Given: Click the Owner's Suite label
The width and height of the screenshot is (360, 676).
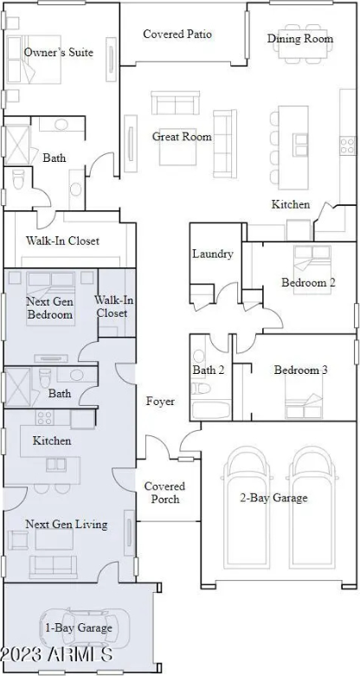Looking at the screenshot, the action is tap(59, 53).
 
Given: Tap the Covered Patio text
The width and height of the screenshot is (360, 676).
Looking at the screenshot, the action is tap(177, 34).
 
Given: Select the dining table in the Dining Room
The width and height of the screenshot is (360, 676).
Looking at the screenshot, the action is tap(300, 43).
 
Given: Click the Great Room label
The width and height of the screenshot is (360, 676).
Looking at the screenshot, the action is tap(182, 137).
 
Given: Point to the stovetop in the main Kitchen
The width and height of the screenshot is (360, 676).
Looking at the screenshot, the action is tap(347, 145).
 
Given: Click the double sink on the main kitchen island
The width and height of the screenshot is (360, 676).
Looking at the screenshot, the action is tap(300, 145).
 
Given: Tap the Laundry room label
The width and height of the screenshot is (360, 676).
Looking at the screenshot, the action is tap(213, 254).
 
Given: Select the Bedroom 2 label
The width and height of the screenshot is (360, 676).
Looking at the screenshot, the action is tap(308, 283).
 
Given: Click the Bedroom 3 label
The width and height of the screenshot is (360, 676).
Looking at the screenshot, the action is tap(300, 370).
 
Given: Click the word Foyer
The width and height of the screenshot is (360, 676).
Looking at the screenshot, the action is tap(160, 402).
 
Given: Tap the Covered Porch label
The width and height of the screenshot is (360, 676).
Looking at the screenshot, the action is tap(164, 493).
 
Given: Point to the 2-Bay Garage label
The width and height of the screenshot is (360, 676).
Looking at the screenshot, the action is tap(273, 498).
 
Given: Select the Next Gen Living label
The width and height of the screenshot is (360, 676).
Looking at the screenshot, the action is tap(67, 525).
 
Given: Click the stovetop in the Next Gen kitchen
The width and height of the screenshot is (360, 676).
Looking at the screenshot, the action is tap(45, 417).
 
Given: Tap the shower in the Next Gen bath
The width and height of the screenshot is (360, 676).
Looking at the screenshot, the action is tap(17, 386).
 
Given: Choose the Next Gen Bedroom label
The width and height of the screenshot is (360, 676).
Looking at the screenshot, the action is tap(49, 308).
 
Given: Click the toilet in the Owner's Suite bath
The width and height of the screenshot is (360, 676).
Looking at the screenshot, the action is tap(17, 179).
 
